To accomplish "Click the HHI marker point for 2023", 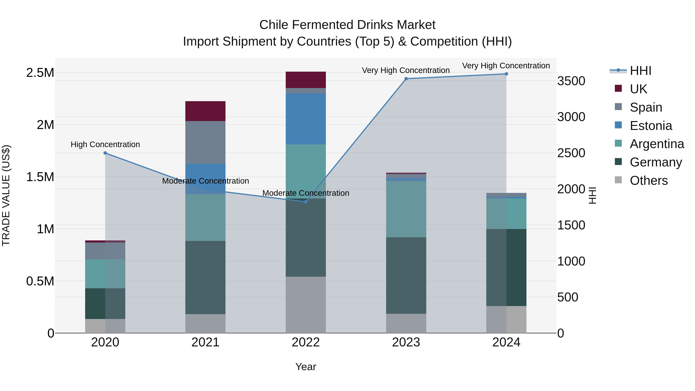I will pos(406,79).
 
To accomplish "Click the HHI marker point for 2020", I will pos(105,153).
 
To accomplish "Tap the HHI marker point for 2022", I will pos(306,202).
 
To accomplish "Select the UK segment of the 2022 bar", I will pos(306,80).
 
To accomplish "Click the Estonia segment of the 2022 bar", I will pos(306,119).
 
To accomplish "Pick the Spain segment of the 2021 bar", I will pos(205,142).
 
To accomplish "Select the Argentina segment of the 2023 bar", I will pos(406,209).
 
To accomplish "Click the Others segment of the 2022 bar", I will pos(306,305).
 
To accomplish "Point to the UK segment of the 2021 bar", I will pos(205,111).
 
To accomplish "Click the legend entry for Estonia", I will pos(650,126).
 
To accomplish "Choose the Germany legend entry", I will pos(655,162).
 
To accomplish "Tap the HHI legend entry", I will pos(640,71).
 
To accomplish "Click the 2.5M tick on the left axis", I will pos(40,73).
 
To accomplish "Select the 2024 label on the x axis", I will pos(506,342).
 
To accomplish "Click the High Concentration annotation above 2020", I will pos(105,144).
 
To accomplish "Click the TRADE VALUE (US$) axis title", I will pos(6,195).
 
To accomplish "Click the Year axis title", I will pos(306,367).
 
